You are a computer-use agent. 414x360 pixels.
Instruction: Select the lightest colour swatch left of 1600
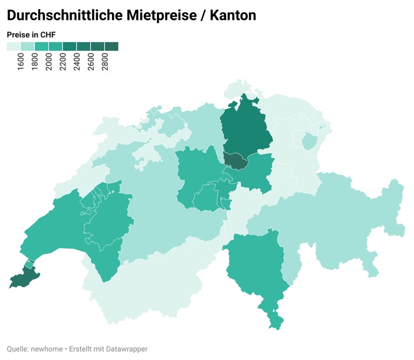13,47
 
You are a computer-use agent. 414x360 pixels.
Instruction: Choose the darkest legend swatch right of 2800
111,47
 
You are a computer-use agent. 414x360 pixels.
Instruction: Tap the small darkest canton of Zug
236,160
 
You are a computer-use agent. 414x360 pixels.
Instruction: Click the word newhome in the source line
45,349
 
